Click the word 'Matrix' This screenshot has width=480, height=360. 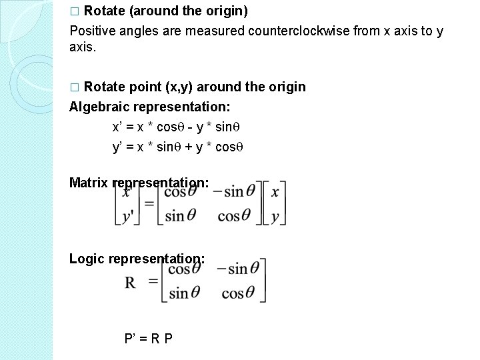pyautogui.click(x=89, y=182)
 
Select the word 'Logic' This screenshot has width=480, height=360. pyautogui.click(x=87, y=258)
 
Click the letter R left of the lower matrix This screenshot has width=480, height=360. pyautogui.click(x=131, y=283)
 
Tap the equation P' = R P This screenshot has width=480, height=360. pyautogui.click(x=149, y=338)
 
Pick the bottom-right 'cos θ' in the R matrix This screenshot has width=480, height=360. pyautogui.click(x=238, y=293)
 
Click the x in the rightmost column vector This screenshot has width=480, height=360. pyautogui.click(x=275, y=191)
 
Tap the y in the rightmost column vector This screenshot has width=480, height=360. pyautogui.click(x=275, y=217)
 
